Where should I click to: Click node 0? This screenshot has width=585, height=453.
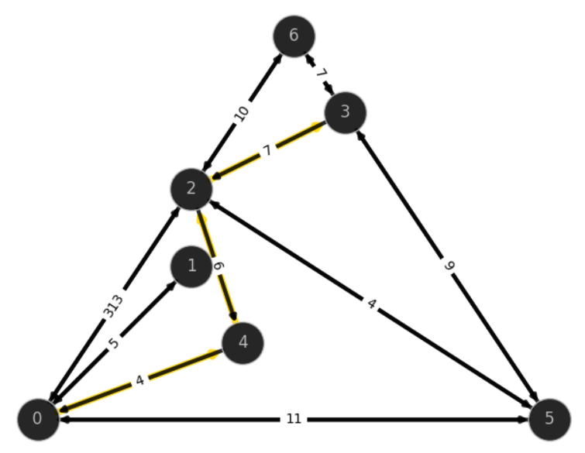pos(39,419)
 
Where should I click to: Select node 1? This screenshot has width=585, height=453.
pos(191,266)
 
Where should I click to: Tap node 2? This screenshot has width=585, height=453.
pos(191,189)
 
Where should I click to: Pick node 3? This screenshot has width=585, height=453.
pos(345,112)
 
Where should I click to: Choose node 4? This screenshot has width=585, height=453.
pos(243,342)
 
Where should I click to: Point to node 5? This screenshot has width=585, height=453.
pos(549,419)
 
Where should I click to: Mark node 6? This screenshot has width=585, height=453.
pos(294,36)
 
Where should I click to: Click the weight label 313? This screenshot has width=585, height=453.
pos(112,307)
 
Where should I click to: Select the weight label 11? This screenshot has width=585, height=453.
pos(294,419)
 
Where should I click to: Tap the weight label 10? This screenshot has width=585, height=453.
pos(242,113)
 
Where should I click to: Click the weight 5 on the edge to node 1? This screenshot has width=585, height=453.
pos(114,342)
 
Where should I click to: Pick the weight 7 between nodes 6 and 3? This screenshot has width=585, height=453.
pos(321,73)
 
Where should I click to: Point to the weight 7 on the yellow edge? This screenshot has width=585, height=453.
pos(267,150)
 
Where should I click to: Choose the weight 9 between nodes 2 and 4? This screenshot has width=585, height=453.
pos(219,266)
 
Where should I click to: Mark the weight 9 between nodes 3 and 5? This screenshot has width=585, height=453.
pos(450,266)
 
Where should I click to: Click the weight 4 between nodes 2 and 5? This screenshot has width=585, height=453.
pos(371,304)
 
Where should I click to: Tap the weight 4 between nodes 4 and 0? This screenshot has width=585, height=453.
pos(140,380)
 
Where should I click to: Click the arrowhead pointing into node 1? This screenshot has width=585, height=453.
pos(171,286)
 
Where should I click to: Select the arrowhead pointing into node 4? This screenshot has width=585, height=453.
pos(234,316)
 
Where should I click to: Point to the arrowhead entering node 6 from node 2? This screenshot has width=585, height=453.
pos(278,59)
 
